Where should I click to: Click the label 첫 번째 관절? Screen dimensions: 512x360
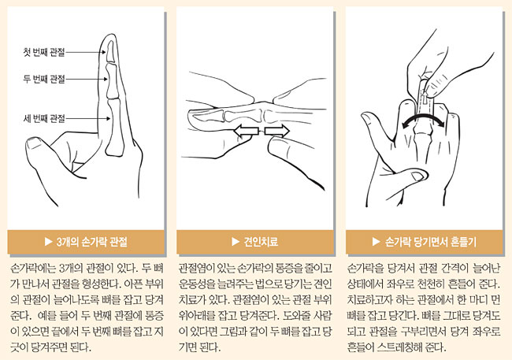44,52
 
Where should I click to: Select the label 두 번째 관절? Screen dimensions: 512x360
44,79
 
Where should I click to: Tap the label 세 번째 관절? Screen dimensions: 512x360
44,118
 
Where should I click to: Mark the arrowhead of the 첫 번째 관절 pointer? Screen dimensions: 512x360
103,52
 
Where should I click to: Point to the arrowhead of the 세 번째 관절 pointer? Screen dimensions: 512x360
109,118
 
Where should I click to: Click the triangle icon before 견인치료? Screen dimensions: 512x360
235,242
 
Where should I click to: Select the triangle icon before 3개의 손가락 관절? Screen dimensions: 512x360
48,242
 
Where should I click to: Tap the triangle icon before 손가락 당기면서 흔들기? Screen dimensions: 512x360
377,242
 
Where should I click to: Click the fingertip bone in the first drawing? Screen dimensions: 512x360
111,50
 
